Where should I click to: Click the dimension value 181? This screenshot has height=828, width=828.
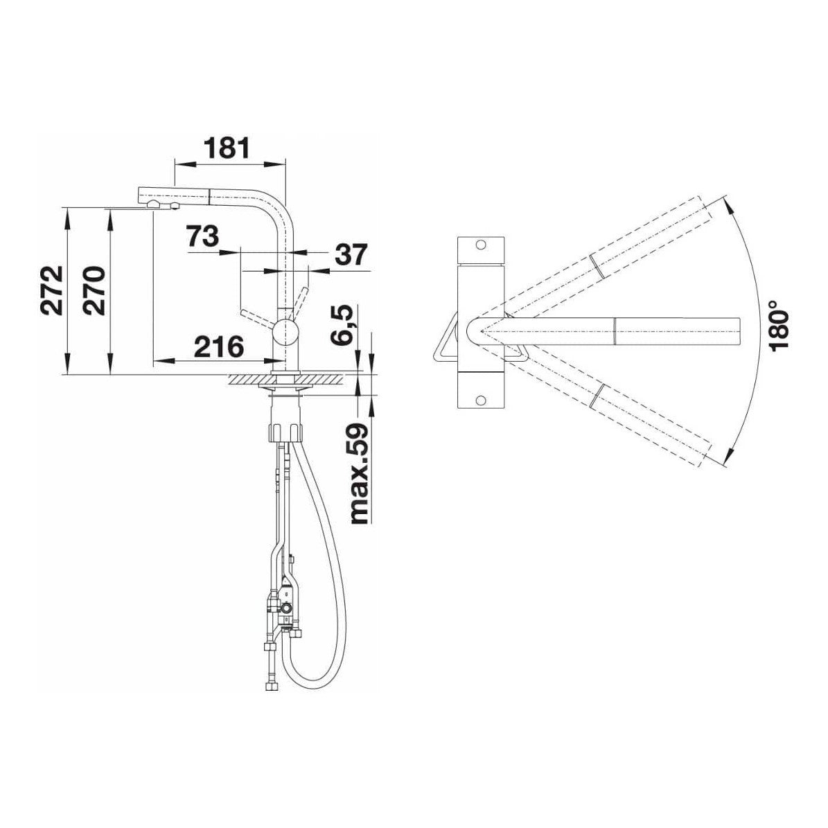[227, 148]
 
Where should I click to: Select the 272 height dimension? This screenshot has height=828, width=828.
[52, 290]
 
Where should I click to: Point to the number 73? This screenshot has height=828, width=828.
[202, 236]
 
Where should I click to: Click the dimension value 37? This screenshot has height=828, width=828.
[350, 254]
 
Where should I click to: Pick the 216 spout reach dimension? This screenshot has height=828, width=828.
[219, 347]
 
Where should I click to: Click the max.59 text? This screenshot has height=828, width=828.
[358, 473]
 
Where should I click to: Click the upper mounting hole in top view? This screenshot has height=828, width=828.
[480, 245]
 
